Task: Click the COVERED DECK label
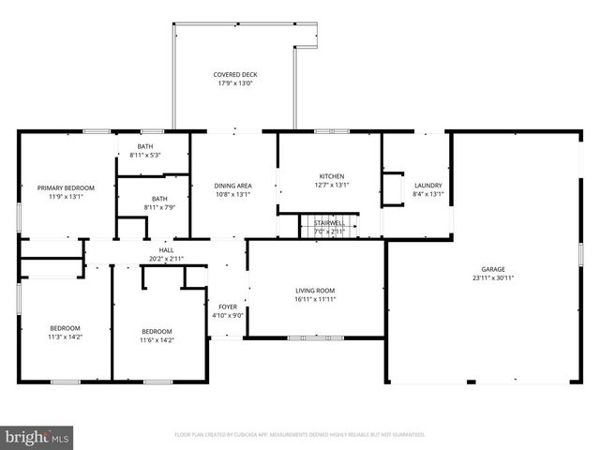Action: (234, 74)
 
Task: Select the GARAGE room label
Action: (493, 268)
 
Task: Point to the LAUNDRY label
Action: (427, 185)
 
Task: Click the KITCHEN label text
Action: (332, 176)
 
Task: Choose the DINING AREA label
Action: (233, 186)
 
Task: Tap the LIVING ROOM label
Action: (315, 291)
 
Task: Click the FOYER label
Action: (228, 307)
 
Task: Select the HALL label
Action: (166, 249)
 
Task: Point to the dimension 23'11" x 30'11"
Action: (493, 277)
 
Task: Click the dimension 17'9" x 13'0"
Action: (234, 83)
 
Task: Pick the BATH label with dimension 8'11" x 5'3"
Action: (145, 146)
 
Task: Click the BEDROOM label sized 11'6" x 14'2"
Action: (157, 331)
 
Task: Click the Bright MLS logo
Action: (37, 436)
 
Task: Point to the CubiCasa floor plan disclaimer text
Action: (300, 435)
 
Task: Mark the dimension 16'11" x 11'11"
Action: (315, 300)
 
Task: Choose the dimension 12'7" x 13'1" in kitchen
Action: (332, 186)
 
